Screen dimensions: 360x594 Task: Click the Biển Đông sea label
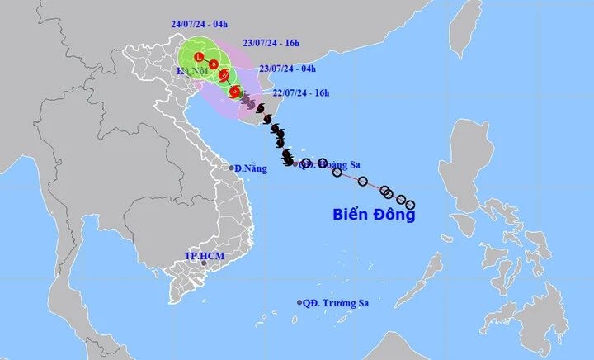tap(374, 216)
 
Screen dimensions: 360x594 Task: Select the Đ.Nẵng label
tap(251, 168)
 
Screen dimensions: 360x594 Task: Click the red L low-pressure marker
tap(199, 56)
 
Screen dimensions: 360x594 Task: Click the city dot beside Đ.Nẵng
tap(232, 167)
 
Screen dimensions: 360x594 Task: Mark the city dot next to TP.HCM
tap(204, 263)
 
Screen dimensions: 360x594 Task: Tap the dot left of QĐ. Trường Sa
tap(299, 304)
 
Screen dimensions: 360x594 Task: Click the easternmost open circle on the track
tap(410, 205)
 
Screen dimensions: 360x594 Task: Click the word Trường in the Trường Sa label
tap(337, 304)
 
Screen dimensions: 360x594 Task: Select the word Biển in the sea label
tap(351, 216)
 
